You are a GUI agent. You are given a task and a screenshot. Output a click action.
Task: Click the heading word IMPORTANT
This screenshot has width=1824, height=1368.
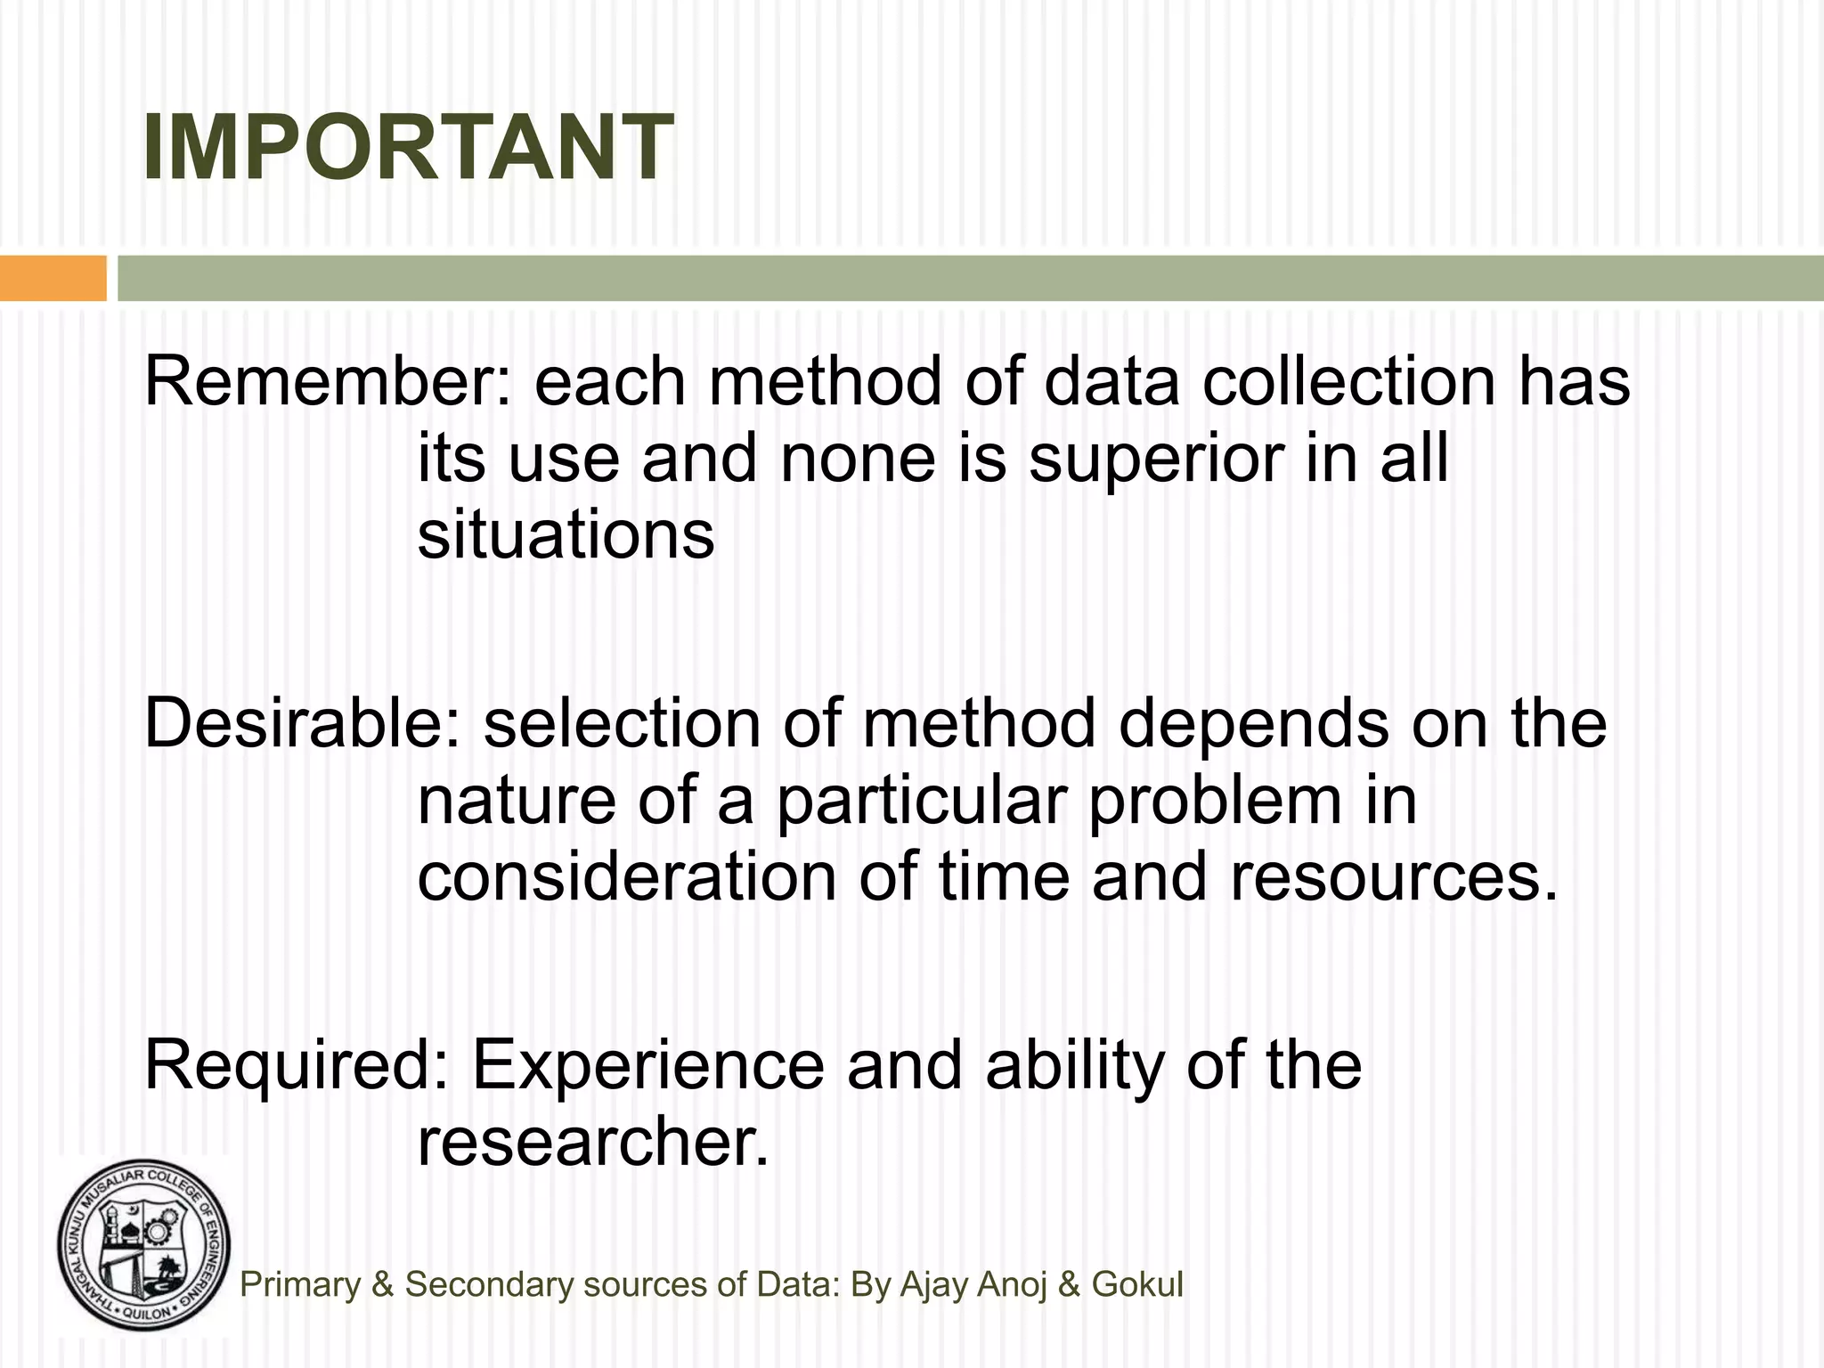[x=408, y=148]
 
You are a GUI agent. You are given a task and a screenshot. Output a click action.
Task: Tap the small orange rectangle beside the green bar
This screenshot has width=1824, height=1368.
[x=53, y=278]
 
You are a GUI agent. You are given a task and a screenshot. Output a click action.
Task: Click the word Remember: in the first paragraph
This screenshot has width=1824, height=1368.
[x=328, y=381]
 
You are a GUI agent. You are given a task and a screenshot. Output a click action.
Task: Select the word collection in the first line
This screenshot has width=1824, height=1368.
[x=1348, y=381]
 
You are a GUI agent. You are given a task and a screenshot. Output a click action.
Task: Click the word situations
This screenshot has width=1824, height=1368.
[x=566, y=536]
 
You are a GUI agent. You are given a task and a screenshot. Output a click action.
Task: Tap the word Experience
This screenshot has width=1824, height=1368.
[x=647, y=1066]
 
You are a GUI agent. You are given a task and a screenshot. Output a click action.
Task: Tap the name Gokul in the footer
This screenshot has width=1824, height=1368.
[x=1137, y=1284]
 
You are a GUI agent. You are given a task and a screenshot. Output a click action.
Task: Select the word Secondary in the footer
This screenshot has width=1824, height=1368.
[x=489, y=1284]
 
